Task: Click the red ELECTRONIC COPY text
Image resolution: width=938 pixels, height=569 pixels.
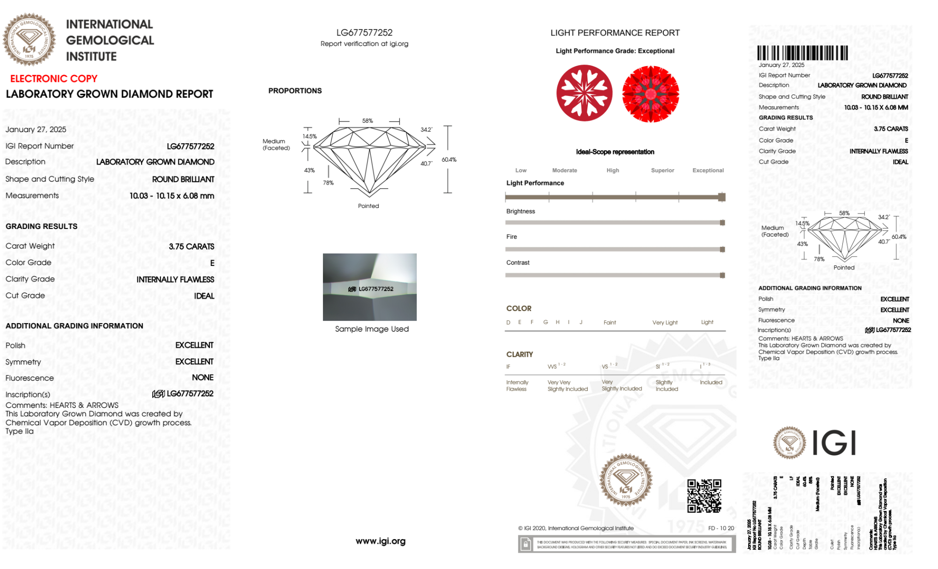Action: (x=54, y=79)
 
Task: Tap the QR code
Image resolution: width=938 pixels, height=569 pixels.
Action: (x=704, y=495)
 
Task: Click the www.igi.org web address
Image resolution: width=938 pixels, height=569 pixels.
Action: (x=380, y=541)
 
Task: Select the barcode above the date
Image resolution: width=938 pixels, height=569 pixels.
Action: (x=802, y=53)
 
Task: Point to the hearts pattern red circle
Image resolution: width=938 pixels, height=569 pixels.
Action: (x=584, y=93)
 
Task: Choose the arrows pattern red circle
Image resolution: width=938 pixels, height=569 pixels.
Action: (x=650, y=94)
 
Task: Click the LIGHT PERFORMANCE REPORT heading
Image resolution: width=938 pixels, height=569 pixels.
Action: (x=615, y=33)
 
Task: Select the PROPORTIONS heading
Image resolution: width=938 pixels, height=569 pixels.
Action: (x=295, y=91)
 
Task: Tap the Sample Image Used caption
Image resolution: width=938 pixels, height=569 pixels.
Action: (x=372, y=329)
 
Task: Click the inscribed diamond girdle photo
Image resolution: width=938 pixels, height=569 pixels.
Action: (x=369, y=287)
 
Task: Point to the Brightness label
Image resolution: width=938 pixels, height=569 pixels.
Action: (x=520, y=211)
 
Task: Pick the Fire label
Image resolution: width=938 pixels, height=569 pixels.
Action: (x=511, y=237)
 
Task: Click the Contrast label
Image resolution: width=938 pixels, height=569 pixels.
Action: (x=518, y=263)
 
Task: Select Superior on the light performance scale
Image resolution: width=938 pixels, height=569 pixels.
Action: (x=662, y=170)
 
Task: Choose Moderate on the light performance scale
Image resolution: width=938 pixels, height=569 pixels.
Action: (x=564, y=170)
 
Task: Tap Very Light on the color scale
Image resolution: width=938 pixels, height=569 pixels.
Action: (x=665, y=323)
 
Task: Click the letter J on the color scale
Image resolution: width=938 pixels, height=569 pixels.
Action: (x=581, y=322)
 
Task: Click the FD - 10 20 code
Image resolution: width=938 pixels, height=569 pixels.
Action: (x=721, y=528)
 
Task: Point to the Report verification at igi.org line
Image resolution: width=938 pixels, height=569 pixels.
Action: (x=364, y=44)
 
